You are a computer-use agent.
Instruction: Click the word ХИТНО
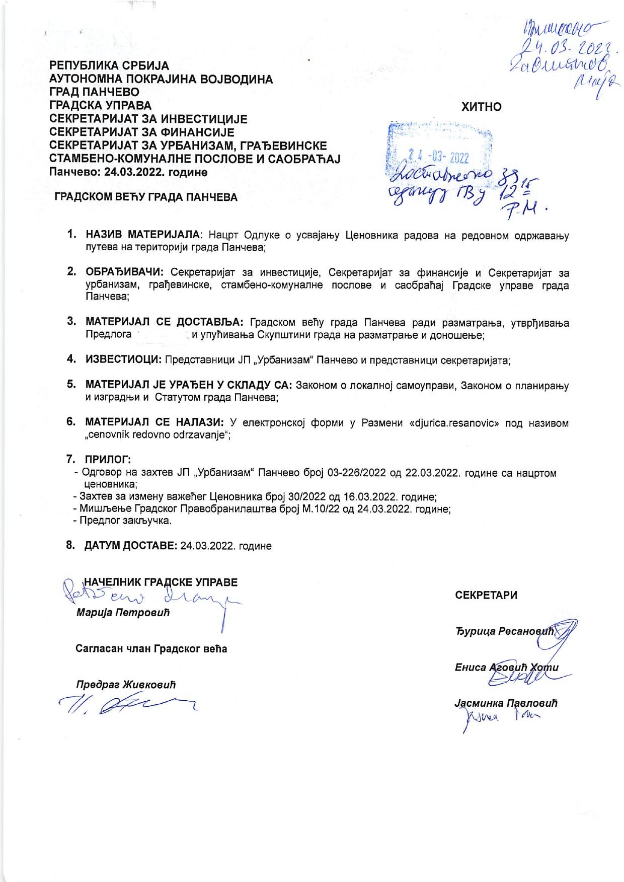(x=482, y=107)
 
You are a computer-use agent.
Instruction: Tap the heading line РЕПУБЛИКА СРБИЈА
(x=109, y=66)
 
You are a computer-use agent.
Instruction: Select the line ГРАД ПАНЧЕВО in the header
(x=94, y=93)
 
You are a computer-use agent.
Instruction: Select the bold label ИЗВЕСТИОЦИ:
(x=123, y=360)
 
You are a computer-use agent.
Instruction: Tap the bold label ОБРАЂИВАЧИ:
(x=124, y=273)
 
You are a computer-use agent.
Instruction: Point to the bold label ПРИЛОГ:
(x=108, y=459)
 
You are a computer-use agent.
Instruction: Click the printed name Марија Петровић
(x=123, y=613)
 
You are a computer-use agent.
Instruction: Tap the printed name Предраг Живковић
(x=126, y=685)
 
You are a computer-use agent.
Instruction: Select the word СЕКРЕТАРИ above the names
(x=486, y=595)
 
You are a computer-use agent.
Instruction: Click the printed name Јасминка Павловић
(x=506, y=703)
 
